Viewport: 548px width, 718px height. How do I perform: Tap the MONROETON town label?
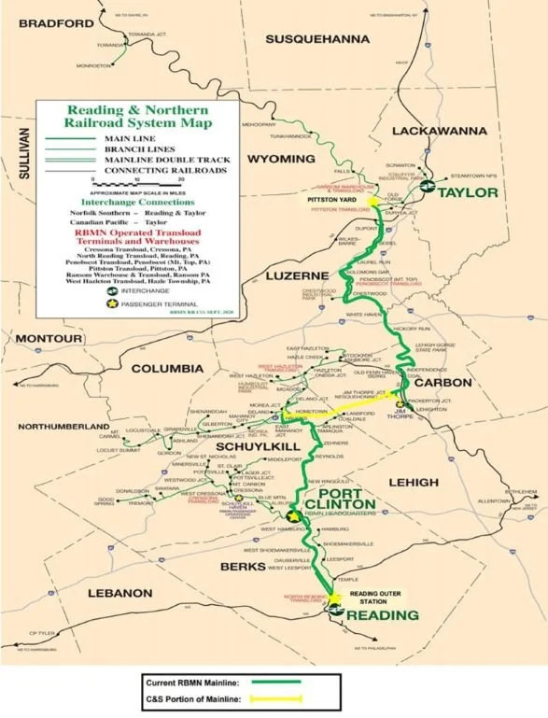point(96,66)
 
